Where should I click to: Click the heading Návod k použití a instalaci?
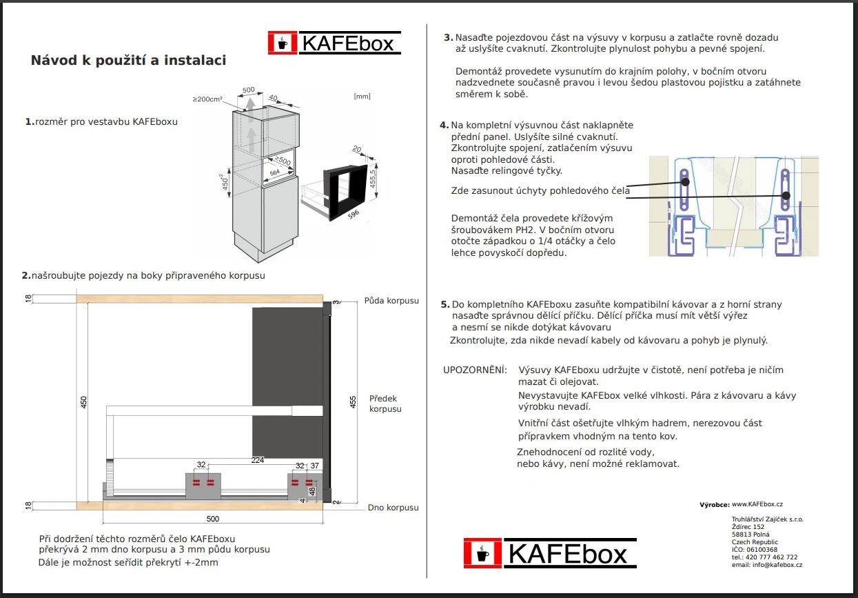(128, 61)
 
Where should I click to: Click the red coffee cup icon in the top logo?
(282, 43)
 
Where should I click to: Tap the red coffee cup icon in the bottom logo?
(482, 553)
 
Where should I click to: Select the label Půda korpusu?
(391, 301)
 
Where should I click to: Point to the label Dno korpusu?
(393, 508)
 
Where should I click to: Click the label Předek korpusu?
(385, 403)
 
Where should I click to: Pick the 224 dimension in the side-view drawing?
(257, 460)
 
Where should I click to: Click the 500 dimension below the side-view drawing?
(212, 518)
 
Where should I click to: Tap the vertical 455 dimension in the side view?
(354, 402)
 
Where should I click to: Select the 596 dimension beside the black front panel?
(354, 215)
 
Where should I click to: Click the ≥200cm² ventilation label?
(207, 99)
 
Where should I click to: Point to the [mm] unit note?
(362, 97)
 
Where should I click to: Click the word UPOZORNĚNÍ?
(475, 370)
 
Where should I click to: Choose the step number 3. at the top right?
(448, 37)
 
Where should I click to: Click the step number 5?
(445, 304)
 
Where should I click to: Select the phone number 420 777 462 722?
(769, 557)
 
